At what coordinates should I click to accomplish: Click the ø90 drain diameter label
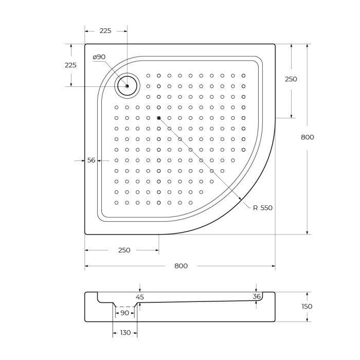point(99,57)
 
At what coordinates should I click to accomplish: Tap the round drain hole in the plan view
point(127,86)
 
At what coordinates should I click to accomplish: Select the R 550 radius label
point(262,208)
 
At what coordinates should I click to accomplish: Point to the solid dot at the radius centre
point(159,118)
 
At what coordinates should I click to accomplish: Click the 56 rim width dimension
point(92,160)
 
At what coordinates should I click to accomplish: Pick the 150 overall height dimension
point(307,306)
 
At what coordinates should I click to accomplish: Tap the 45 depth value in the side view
point(140,297)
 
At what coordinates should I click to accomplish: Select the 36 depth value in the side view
point(257,296)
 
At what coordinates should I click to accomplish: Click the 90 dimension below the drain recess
point(124,313)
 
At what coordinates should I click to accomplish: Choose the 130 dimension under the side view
point(125,333)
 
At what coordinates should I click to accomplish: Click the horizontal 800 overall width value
point(181,266)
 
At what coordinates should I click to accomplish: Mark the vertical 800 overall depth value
point(307,137)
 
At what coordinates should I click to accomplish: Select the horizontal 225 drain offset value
point(105,31)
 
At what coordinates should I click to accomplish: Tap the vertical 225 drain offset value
point(70,65)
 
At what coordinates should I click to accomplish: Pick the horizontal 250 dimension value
point(124,250)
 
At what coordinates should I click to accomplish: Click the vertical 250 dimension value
point(291,79)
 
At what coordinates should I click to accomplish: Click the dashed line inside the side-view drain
point(124,307)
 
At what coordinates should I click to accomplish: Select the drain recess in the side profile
point(124,304)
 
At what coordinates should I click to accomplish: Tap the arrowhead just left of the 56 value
point(82,161)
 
